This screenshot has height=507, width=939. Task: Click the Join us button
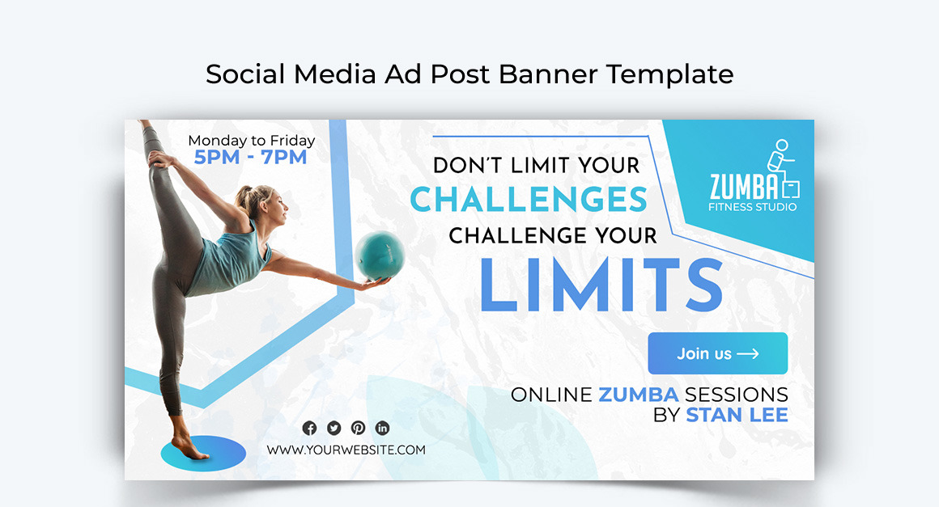717,353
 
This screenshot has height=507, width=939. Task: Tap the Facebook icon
309,429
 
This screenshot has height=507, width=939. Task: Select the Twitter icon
334,429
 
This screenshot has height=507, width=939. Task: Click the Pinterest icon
358,429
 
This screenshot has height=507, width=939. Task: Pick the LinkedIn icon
382,429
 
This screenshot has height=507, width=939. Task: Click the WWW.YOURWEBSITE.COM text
346,450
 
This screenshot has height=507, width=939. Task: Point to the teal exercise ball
379,256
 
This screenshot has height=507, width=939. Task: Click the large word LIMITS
600,284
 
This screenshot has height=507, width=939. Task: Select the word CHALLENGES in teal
529,200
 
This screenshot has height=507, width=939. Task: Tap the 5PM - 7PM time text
251,157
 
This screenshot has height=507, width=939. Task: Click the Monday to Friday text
251,141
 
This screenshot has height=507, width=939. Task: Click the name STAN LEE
737,416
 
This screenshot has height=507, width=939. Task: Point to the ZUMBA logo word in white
743,188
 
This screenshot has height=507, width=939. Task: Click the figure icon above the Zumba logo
782,166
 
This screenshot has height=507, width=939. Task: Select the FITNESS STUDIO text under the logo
752,207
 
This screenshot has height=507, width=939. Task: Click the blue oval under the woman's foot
203,452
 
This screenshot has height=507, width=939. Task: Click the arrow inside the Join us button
748,353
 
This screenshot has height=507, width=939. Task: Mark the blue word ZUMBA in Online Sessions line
638,395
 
